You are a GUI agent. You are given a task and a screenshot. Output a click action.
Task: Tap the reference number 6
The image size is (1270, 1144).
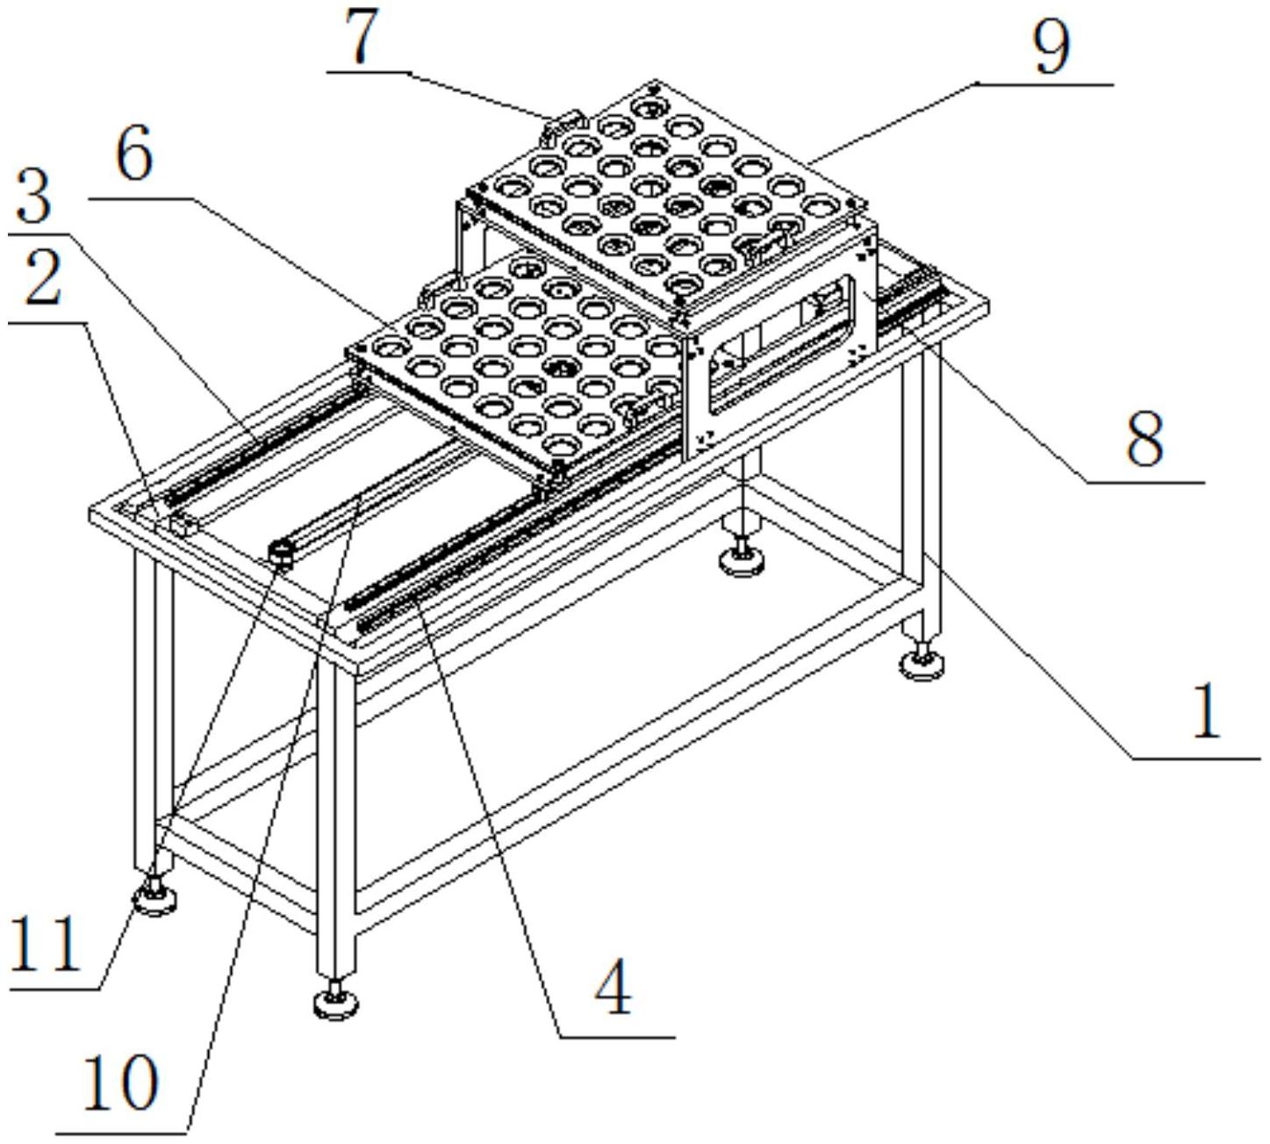tap(135, 152)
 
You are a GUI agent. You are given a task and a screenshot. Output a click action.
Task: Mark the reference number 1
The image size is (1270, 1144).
tap(1206, 712)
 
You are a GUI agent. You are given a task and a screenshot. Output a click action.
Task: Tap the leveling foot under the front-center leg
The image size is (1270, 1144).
tap(335, 1000)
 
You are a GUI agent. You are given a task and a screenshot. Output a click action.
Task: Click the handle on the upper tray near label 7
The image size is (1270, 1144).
tap(563, 124)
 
